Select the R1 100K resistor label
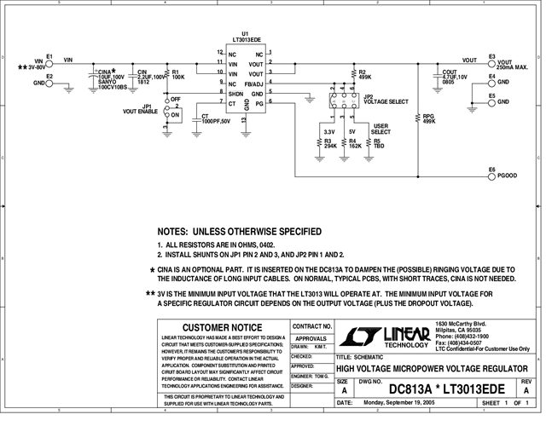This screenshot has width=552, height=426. pyautogui.click(x=178, y=74)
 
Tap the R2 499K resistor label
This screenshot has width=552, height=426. pyautogui.click(x=364, y=74)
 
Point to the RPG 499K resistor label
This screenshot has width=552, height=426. pyautogui.click(x=429, y=118)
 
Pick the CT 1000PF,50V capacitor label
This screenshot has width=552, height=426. pyautogui.click(x=216, y=118)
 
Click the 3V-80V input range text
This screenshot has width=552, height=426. pyautogui.click(x=36, y=67)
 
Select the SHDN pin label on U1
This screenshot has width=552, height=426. pyautogui.click(x=236, y=93)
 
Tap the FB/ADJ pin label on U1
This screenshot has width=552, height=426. pyautogui.click(x=254, y=83)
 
